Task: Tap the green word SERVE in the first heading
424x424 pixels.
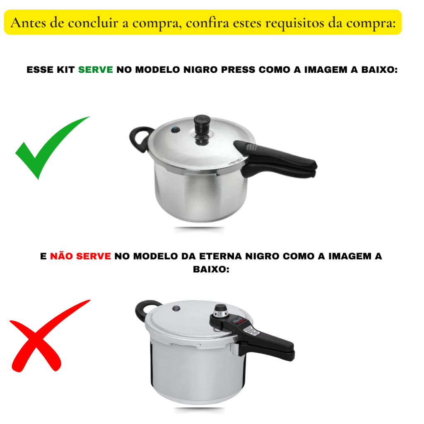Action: pyautogui.click(x=96, y=70)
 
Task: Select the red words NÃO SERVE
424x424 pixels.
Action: pyautogui.click(x=80, y=256)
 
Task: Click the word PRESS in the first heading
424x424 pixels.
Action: pyautogui.click(x=238, y=70)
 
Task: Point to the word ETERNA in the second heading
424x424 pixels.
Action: pyautogui.click(x=220, y=256)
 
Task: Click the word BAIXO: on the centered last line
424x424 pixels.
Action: pyautogui.click(x=211, y=269)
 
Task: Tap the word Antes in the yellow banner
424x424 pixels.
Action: pyautogui.click(x=28, y=23)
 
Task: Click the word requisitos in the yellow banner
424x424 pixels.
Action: pyautogui.click(x=294, y=23)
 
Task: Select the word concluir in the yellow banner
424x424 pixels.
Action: pyautogui.click(x=93, y=23)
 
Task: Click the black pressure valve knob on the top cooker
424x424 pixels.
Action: pyautogui.click(x=202, y=130)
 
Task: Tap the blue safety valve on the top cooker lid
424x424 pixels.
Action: pyautogui.click(x=176, y=130)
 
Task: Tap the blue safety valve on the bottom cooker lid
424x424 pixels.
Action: pyautogui.click(x=176, y=308)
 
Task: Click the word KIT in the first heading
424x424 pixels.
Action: pyautogui.click(x=66, y=70)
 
